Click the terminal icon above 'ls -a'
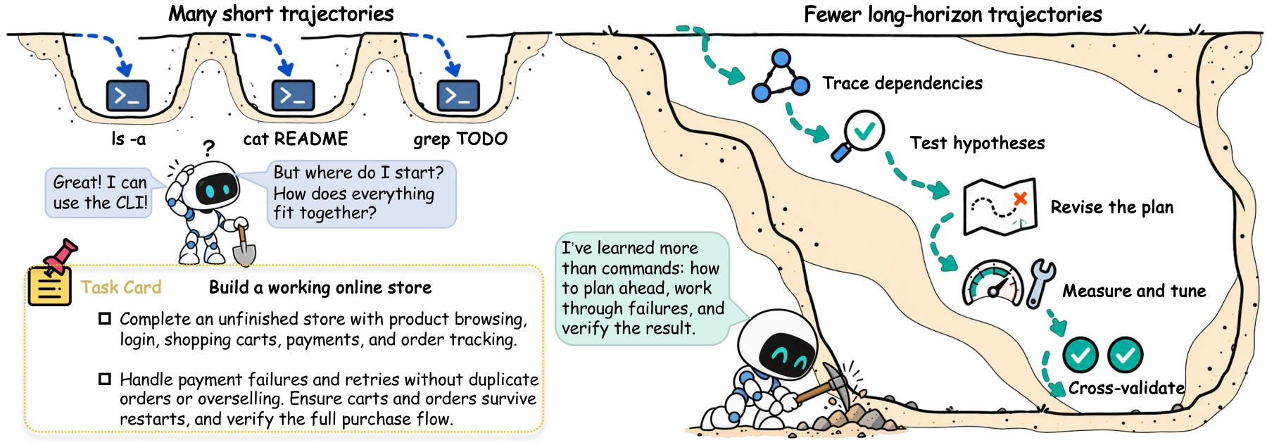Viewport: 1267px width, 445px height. pyautogui.click(x=127, y=96)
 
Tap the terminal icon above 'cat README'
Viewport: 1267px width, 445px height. pyautogui.click(x=293, y=96)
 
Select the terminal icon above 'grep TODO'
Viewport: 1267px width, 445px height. pyautogui.click(x=458, y=96)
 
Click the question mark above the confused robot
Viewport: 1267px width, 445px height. pyautogui.click(x=208, y=148)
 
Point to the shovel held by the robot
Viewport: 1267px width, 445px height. pyautogui.click(x=244, y=246)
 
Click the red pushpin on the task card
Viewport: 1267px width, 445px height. pyautogui.click(x=61, y=256)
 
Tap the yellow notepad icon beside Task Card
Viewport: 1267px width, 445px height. pyautogui.click(x=49, y=286)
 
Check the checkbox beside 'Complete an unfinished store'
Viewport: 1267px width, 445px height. pyautogui.click(x=105, y=319)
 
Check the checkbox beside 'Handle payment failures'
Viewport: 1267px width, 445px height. pyautogui.click(x=105, y=380)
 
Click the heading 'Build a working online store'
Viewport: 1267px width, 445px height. pyautogui.click(x=320, y=287)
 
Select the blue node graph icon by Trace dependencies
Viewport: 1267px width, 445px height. pyautogui.click(x=781, y=76)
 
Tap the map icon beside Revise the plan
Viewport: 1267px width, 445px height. pyautogui.click(x=1000, y=206)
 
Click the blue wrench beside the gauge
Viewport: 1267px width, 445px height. pyautogui.click(x=1040, y=283)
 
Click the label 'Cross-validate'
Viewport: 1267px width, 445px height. pyautogui.click(x=1126, y=388)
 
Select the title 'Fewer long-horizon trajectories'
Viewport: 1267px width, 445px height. pyautogui.click(x=953, y=14)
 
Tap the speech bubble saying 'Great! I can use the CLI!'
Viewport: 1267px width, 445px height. pyautogui.click(x=99, y=192)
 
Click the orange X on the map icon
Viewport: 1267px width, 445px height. pyautogui.click(x=1020, y=199)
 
